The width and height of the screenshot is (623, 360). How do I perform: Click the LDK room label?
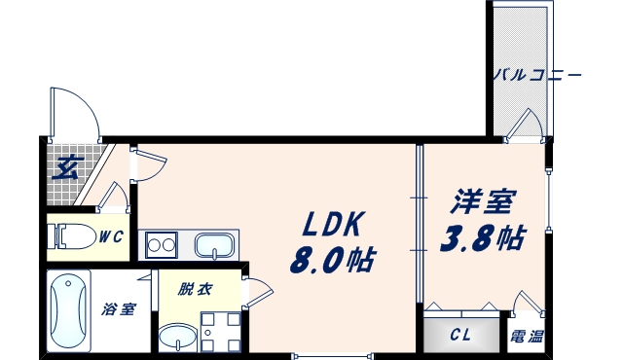point(333,226)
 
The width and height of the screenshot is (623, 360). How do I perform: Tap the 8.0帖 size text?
point(333,260)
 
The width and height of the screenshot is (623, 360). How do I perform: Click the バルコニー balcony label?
point(535,74)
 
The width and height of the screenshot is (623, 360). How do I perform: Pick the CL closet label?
point(461,337)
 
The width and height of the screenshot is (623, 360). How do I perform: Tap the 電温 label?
point(527,337)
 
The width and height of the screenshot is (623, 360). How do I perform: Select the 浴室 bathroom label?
point(118,309)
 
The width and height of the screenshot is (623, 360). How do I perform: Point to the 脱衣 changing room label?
point(194,290)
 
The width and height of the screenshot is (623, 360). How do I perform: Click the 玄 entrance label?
point(66,167)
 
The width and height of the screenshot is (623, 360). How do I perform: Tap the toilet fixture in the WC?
point(74,236)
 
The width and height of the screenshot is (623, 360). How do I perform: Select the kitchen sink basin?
point(214,245)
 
